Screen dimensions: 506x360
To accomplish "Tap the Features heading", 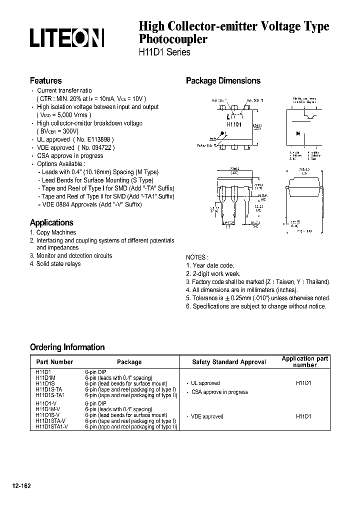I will [x=45, y=80].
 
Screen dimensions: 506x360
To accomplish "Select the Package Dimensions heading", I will [x=223, y=80].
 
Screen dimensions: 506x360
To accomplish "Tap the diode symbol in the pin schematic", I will [x=298, y=133].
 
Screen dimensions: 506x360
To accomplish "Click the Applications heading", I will [x=51, y=222].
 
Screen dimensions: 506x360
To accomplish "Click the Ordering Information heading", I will [x=67, y=347].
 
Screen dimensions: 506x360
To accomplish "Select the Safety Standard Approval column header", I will [x=229, y=361].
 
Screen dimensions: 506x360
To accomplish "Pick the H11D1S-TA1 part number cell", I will [x=50, y=395].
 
